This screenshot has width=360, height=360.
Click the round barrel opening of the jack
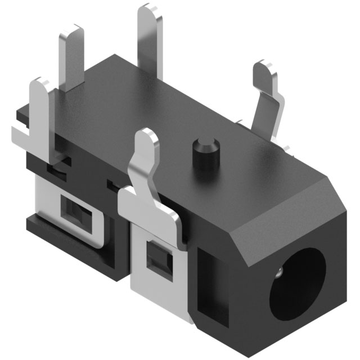[298, 284]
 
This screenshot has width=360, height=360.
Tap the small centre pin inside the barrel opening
[280, 274]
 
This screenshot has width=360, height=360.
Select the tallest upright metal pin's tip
[148, 12]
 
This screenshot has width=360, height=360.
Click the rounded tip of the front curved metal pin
[147, 138]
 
